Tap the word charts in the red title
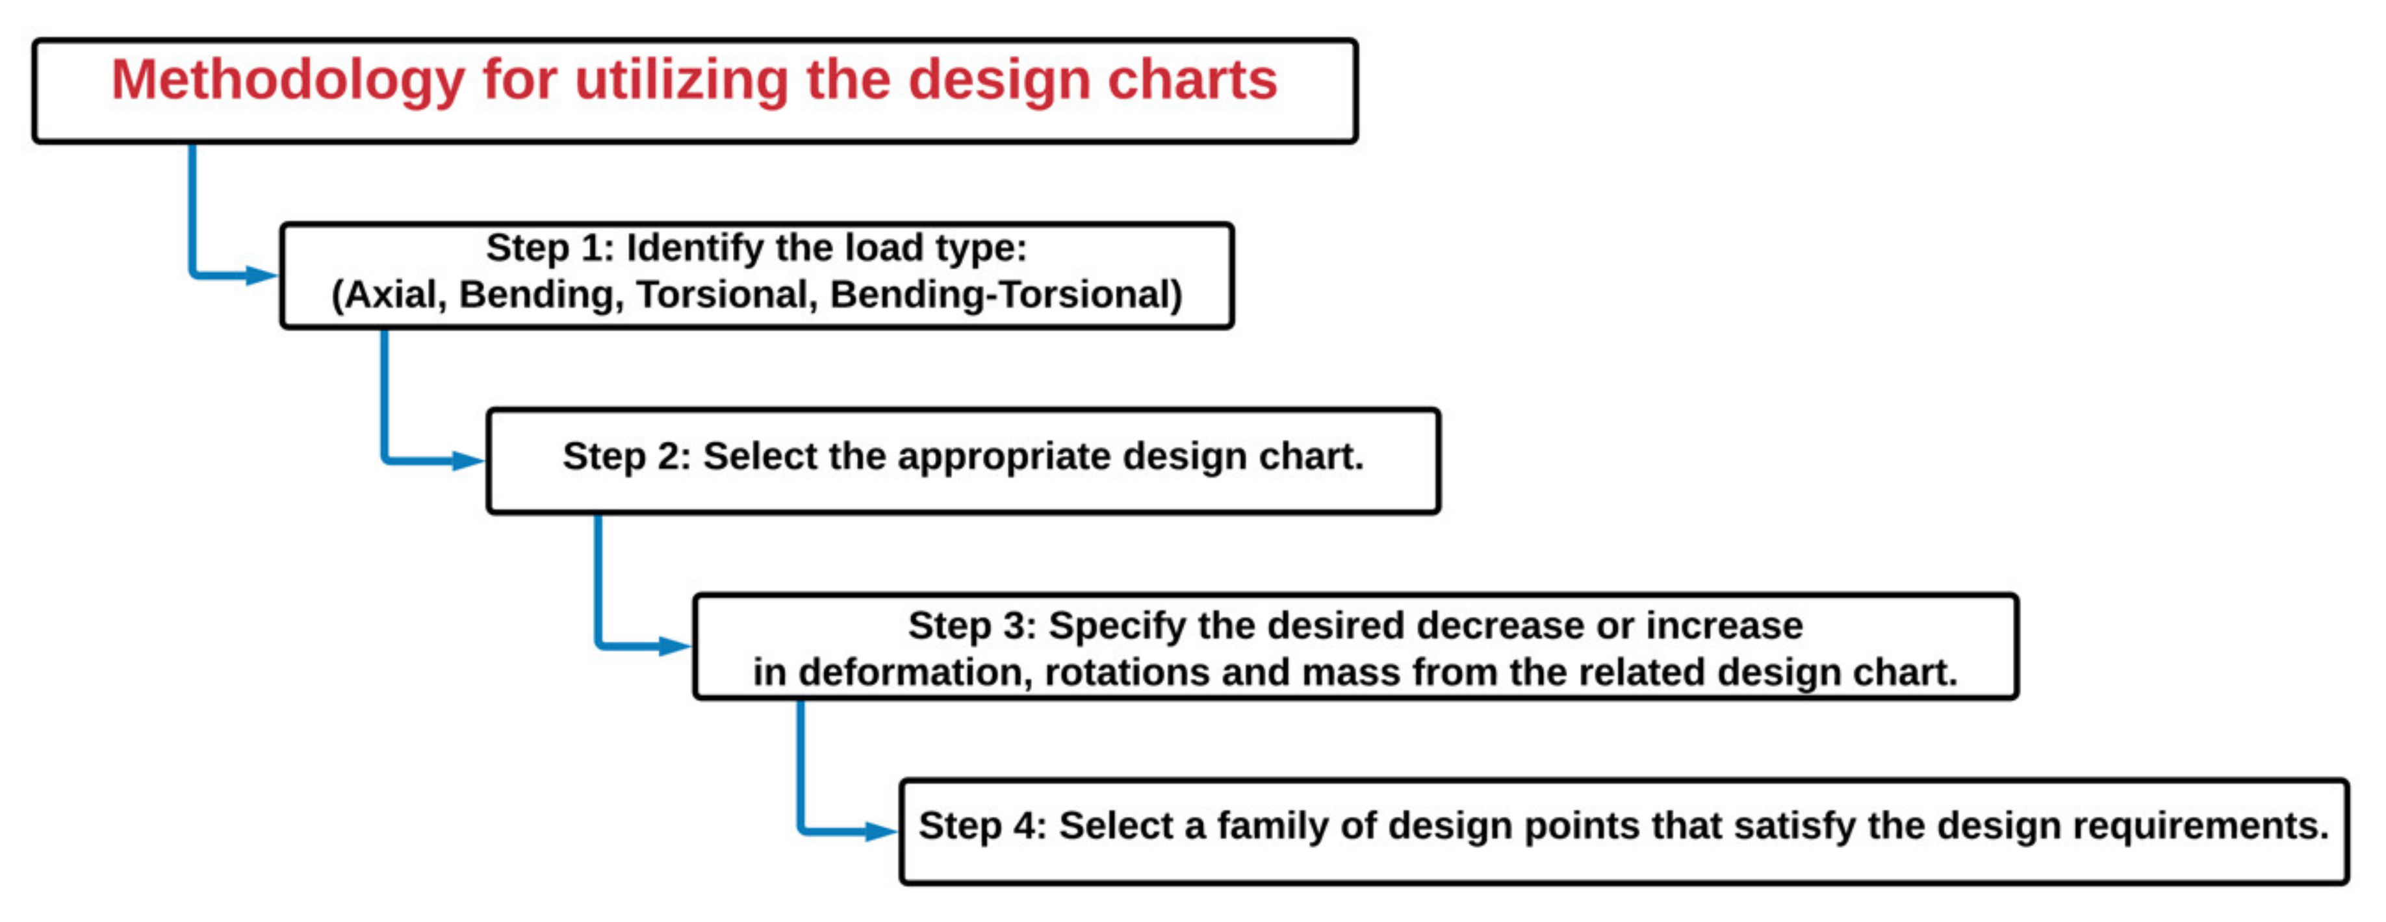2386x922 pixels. pos(1193,80)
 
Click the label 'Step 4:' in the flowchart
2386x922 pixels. pos(982,826)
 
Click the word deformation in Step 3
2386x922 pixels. pos(915,673)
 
